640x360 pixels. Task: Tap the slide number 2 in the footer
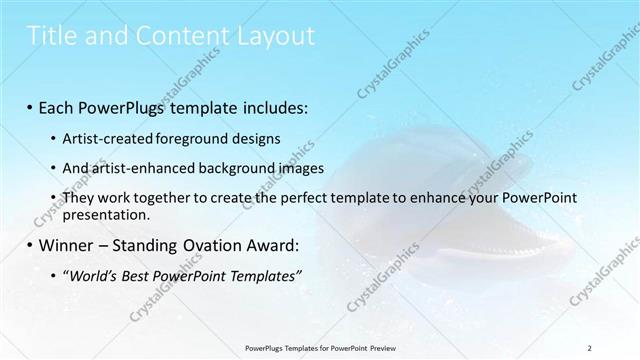point(590,347)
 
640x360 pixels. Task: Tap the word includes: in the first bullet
point(271,106)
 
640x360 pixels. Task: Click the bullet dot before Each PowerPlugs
point(30,106)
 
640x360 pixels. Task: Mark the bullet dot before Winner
point(30,244)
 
